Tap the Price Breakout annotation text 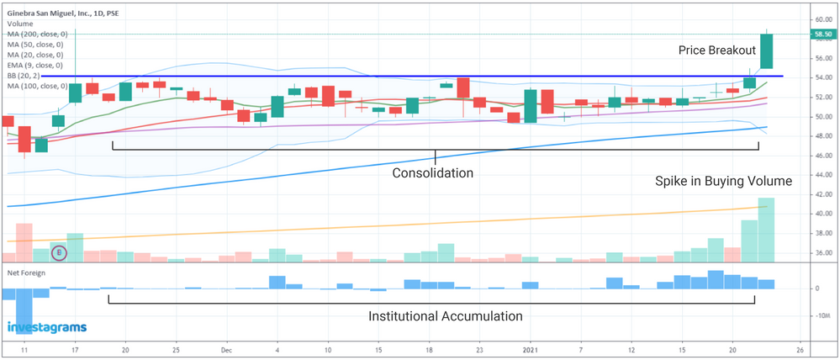pos(717,50)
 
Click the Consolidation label pos(433,172)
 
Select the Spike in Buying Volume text pos(723,182)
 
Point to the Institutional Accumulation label pos(446,316)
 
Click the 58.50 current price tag pos(822,34)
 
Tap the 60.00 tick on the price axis pos(822,19)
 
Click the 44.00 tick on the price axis pos(822,174)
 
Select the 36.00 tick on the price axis pos(822,252)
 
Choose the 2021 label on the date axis pos(531,347)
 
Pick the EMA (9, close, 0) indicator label pos(34,65)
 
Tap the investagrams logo pos(46,328)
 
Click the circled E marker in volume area pos(59,251)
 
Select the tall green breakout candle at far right pos(767,51)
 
